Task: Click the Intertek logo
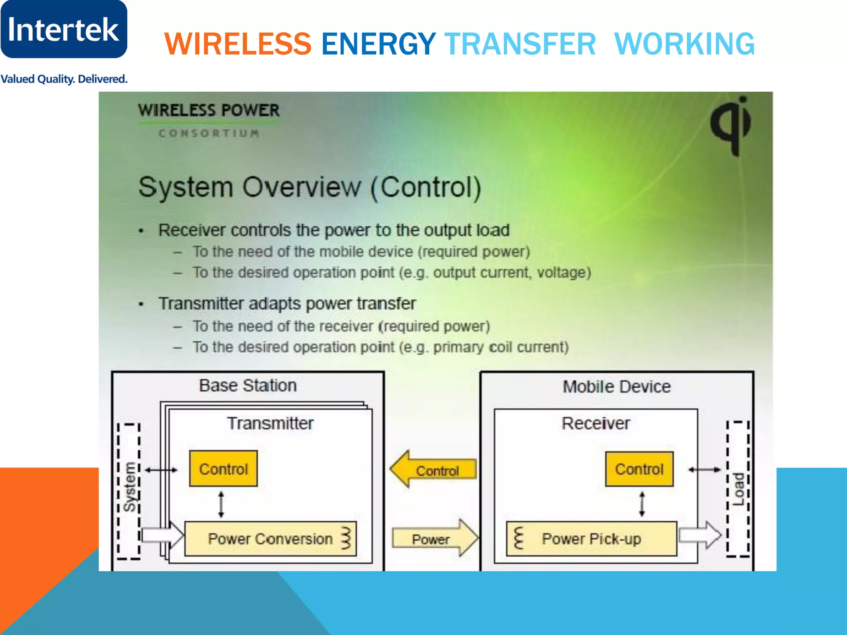click(x=64, y=29)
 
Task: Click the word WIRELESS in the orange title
click(x=238, y=44)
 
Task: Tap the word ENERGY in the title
click(x=378, y=44)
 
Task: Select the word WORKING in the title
click(x=684, y=44)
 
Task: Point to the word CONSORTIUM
click(x=209, y=134)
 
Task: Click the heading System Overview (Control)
click(x=310, y=187)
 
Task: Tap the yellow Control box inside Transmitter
click(x=223, y=469)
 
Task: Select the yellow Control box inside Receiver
click(x=639, y=469)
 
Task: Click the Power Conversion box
click(x=270, y=539)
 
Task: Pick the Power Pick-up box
click(x=591, y=539)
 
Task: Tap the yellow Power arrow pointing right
click(x=434, y=538)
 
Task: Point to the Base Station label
click(x=248, y=386)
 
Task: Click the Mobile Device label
click(x=617, y=387)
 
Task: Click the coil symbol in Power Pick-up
click(x=518, y=538)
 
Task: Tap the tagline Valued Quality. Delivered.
click(x=64, y=79)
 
